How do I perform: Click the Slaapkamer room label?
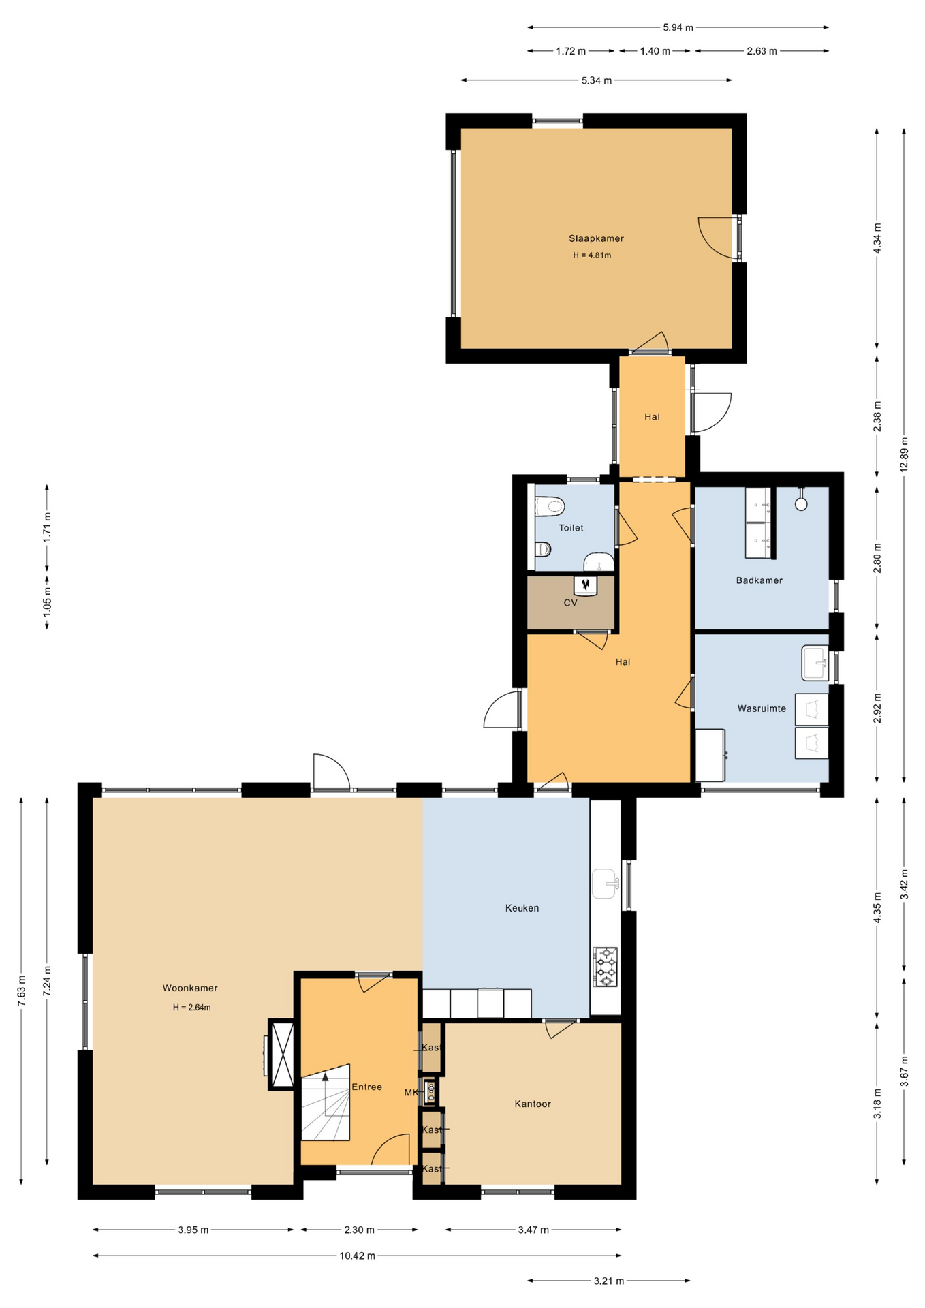596,238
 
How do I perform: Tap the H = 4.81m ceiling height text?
592,255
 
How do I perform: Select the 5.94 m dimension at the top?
678,28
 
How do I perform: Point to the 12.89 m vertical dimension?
904,454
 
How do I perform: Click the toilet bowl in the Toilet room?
550,506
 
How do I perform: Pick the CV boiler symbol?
585,585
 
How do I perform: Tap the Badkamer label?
759,580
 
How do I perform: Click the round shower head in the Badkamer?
801,504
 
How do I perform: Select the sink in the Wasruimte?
815,663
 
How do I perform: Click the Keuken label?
522,908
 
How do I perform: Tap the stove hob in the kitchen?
605,966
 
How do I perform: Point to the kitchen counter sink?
605,884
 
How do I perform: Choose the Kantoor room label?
533,1104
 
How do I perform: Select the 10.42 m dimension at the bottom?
357,1256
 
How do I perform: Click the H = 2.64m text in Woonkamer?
191,1008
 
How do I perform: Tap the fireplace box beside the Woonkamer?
282,1055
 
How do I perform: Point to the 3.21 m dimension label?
608,1281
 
